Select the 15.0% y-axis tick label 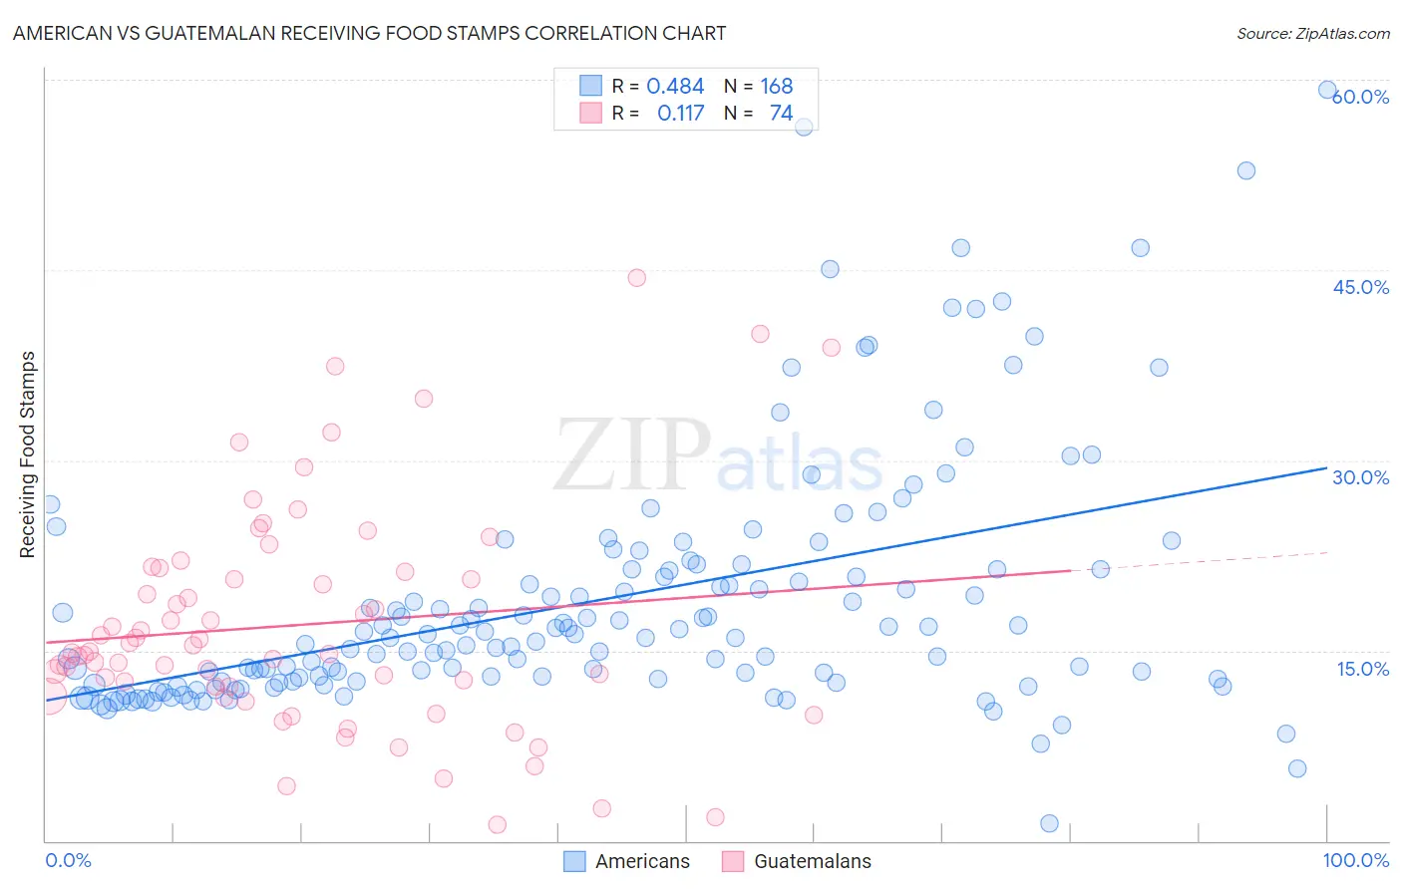(1361, 669)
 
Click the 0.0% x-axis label (68, 860)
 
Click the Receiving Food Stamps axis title (28, 454)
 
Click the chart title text (369, 33)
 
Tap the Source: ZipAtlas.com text (1312, 33)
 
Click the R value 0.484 (675, 87)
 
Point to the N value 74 (781, 114)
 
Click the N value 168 (777, 87)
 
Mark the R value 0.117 (680, 114)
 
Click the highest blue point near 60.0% (1327, 90)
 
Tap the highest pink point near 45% (637, 278)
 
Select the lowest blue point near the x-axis (1049, 823)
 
